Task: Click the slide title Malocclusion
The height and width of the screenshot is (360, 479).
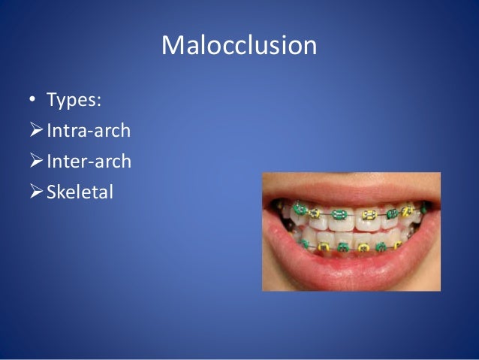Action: pyautogui.click(x=239, y=47)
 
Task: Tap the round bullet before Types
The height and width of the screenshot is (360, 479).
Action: pyautogui.click(x=33, y=101)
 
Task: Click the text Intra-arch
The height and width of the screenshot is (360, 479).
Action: pyautogui.click(x=89, y=131)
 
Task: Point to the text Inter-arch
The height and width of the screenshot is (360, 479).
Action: pyautogui.click(x=89, y=162)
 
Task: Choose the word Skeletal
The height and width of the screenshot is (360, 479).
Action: pyautogui.click(x=80, y=192)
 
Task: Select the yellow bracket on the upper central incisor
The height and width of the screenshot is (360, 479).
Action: pyautogui.click(x=369, y=215)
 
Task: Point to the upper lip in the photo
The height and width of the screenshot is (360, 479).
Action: pyautogui.click(x=353, y=191)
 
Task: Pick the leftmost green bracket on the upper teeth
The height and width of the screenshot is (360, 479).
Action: pyautogui.click(x=299, y=210)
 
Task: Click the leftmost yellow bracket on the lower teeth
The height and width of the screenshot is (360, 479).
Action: pyautogui.click(x=324, y=247)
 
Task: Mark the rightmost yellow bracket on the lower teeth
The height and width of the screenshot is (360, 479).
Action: pyautogui.click(x=397, y=245)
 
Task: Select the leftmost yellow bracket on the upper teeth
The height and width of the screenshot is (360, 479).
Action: pyautogui.click(x=314, y=213)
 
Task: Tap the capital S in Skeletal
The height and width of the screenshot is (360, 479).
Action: pyautogui.click(x=52, y=192)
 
